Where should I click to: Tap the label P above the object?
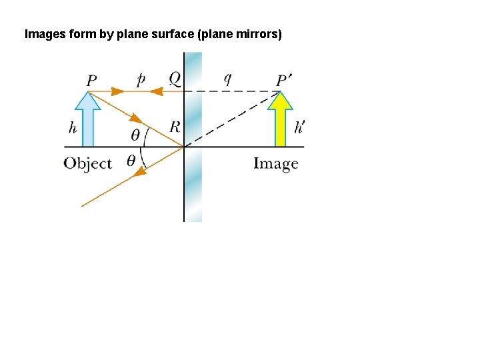click(x=91, y=81)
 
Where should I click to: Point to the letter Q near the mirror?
click(x=174, y=79)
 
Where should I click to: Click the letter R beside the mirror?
click(x=175, y=126)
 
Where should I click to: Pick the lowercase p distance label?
click(x=141, y=79)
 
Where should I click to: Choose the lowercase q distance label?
click(x=227, y=79)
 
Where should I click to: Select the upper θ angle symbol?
click(x=135, y=135)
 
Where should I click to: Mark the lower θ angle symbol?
click(x=131, y=160)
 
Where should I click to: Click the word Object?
click(x=87, y=163)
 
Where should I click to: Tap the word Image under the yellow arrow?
click(x=275, y=163)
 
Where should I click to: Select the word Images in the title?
click(x=45, y=33)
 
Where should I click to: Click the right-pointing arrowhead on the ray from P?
click(x=119, y=91)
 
